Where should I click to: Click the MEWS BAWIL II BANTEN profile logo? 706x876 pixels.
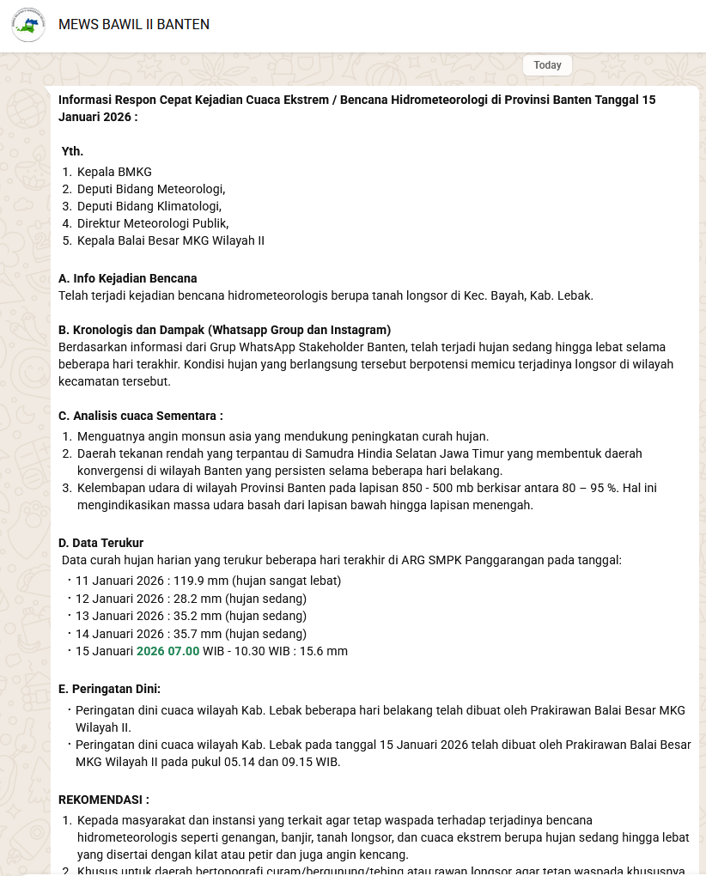pos(28,25)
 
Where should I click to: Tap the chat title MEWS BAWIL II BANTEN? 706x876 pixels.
pos(134,25)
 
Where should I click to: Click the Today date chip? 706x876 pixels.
pos(547,65)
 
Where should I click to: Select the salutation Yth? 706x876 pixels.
pos(72,151)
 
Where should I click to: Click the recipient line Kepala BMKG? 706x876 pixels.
pos(114,172)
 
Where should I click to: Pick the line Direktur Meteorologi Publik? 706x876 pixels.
pos(153,223)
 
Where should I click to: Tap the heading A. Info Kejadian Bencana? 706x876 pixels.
pos(128,278)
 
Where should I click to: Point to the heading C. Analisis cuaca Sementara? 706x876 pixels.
pos(141,416)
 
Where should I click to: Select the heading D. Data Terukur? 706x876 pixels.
pos(101,543)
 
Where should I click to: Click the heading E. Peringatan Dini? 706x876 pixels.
pos(110,689)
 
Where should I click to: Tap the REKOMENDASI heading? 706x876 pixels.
pos(104,800)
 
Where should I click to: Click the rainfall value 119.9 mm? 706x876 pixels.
pos(199,581)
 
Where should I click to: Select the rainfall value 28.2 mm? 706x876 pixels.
pos(196,599)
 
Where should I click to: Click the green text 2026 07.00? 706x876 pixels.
pos(167,651)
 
